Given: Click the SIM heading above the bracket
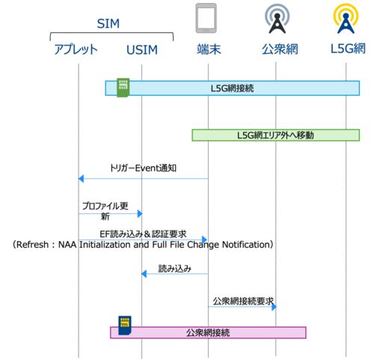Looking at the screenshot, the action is pos(108,24).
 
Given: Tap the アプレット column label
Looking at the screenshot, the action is pos(76,49).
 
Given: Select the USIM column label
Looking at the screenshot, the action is pos(142,49).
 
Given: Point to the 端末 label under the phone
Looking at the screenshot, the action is pos(209,49).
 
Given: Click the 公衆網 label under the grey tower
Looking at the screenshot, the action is pos(280,49).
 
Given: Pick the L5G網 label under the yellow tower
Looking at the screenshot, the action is pos(348,49).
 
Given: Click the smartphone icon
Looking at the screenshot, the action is pos(206,18).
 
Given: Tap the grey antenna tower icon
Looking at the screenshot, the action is pos(277,19).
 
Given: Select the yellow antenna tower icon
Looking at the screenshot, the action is pos(346,19).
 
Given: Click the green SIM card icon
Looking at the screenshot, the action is pos(123,88).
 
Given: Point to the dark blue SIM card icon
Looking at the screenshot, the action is pos(125,326).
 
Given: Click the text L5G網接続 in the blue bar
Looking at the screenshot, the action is pos(232,88).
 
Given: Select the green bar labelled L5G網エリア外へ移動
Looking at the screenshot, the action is pos(275,135).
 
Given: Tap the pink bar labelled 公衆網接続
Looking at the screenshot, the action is pos(208,332).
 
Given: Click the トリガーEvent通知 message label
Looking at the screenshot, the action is pos(143,168).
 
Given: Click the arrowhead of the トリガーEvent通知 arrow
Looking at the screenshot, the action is pos(81,179).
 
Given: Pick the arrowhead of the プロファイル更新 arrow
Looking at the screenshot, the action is pos(140,213).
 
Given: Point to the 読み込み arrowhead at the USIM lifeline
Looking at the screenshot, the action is pos(144,274).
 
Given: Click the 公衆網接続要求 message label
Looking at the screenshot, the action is pos(243,301).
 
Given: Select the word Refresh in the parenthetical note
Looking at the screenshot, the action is pos(32,245).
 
